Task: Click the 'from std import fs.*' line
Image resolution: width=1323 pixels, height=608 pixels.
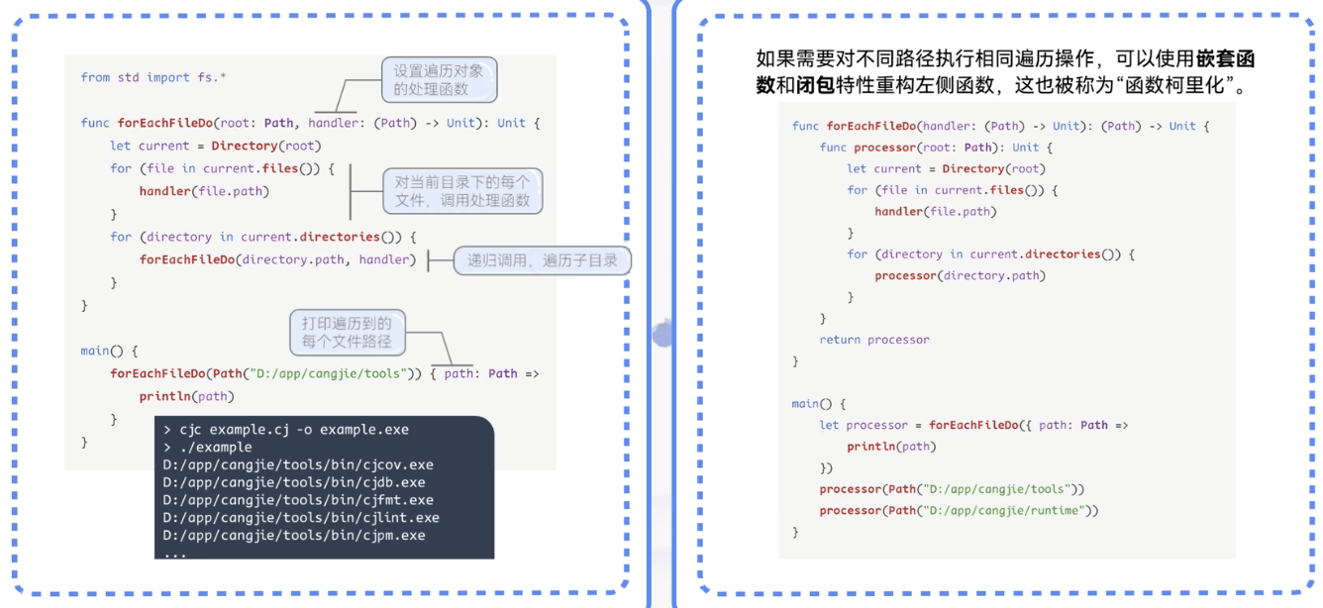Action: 153,77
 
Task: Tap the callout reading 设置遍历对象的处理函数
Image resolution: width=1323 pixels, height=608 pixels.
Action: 439,80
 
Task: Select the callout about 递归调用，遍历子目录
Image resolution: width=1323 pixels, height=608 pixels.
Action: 542,260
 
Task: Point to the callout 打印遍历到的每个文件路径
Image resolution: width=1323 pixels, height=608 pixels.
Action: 347,333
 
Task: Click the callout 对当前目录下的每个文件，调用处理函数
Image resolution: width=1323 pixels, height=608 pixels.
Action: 462,191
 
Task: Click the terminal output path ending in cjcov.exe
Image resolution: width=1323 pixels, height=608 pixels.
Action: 298,464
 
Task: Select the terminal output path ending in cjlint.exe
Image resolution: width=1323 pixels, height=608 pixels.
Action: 301,517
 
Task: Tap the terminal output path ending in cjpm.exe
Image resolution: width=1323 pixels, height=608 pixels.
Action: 294,535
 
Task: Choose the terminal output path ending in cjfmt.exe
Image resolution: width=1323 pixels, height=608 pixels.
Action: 298,500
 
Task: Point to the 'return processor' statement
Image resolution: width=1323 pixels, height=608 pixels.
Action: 874,340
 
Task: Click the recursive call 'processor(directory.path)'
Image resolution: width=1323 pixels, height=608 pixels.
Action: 960,275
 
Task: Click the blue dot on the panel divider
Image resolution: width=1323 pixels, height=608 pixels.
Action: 662,335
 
